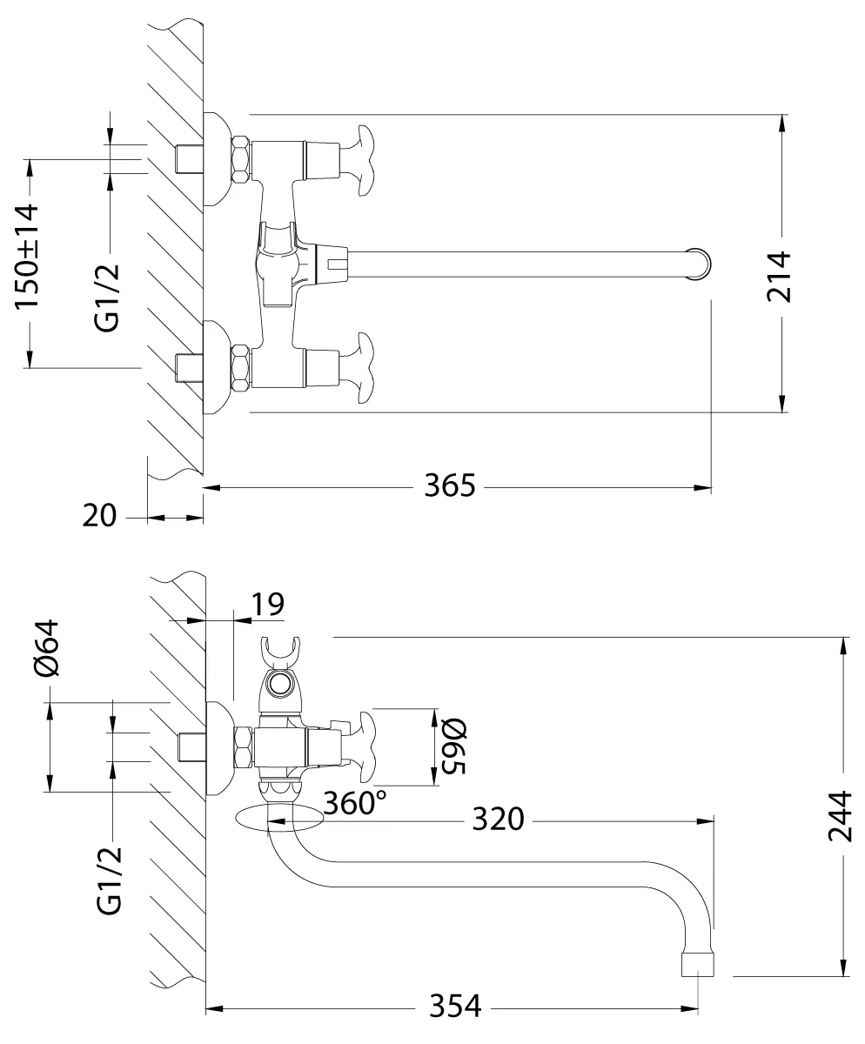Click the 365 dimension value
(x=449, y=485)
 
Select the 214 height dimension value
(x=779, y=277)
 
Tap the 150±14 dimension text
(x=26, y=257)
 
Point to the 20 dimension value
(x=99, y=516)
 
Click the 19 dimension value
(x=268, y=604)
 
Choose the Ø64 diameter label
(x=47, y=648)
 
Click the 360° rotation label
(x=355, y=803)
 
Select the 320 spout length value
(x=498, y=820)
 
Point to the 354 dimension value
(x=455, y=1006)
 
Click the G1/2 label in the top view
(x=107, y=298)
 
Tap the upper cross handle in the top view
(x=365, y=160)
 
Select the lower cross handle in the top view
(x=365, y=368)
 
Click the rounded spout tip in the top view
(x=701, y=264)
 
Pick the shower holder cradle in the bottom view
(x=280, y=652)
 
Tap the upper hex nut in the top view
(x=241, y=160)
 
